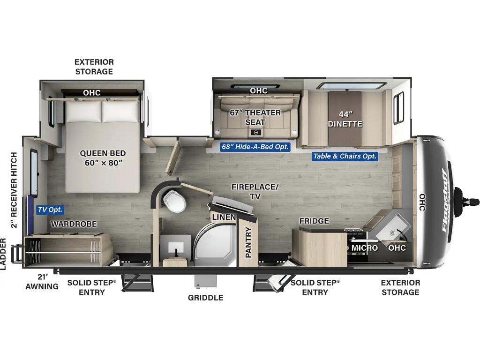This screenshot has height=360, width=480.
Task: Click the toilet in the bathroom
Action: pos(175,200)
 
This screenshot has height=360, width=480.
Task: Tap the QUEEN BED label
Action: pos(103,153)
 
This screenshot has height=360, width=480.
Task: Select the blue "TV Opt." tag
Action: pos(50,210)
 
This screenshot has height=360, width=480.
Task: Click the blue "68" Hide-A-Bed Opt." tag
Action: pos(255,147)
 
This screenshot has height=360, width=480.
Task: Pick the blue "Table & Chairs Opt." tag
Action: pos(345,156)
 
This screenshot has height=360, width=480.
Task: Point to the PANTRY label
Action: pos(248,242)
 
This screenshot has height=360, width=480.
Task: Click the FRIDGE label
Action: pos(314,221)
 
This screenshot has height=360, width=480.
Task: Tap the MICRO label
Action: pos(364,247)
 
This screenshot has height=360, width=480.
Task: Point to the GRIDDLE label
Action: pos(205,298)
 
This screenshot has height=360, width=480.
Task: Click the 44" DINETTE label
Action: pos(345,119)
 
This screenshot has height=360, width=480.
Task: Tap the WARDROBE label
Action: pos(74,224)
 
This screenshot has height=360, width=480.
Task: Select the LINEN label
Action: pos(224,217)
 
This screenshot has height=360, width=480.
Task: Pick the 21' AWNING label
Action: pos(42,282)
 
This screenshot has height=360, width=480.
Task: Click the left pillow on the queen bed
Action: pos(83,111)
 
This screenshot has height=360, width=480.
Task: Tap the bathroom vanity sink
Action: pos(176,247)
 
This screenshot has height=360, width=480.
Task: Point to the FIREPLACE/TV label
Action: pos(255,191)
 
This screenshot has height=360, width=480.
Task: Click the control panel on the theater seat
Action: pos(256,133)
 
